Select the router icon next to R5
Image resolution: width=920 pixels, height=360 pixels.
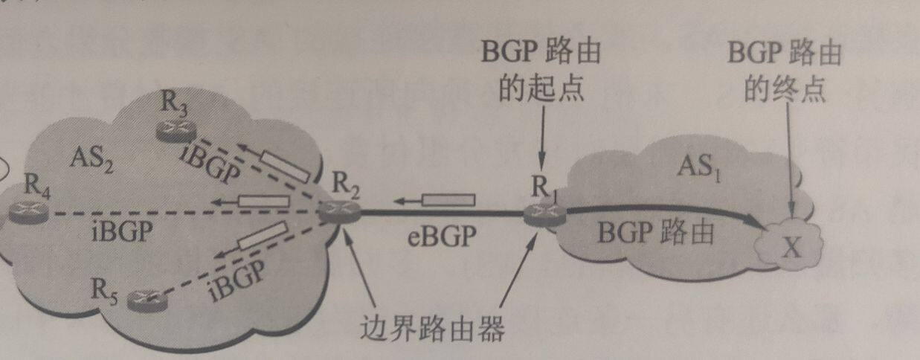pyautogui.click(x=145, y=299)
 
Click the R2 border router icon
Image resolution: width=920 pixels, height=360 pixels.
pyautogui.click(x=341, y=212)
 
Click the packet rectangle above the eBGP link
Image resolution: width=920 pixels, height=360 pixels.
pyautogui.click(x=448, y=199)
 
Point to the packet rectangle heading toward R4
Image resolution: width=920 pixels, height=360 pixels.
pyautogui.click(x=263, y=200)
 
